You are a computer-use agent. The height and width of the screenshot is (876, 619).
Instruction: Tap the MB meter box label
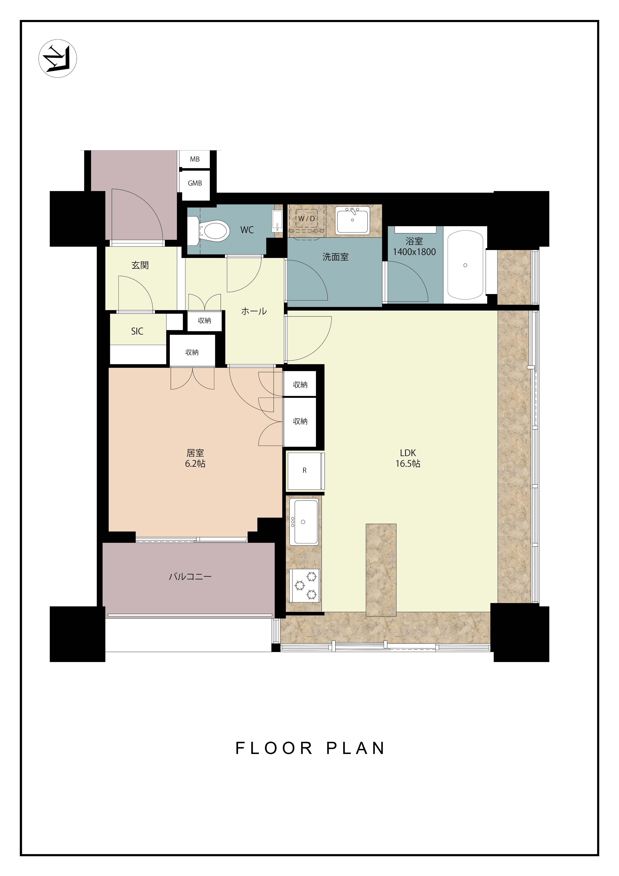(195, 159)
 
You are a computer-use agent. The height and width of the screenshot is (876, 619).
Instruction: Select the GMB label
(195, 183)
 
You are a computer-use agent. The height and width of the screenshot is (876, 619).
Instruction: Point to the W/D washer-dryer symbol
(307, 219)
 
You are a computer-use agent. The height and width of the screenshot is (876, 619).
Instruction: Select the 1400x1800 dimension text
(414, 252)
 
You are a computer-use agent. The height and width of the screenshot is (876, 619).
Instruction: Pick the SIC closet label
(137, 331)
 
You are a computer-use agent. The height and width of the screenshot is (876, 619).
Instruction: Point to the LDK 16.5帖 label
(408, 458)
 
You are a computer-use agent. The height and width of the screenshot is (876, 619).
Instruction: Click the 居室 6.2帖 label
(195, 458)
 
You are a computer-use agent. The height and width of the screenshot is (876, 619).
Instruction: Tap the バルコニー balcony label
(190, 577)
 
